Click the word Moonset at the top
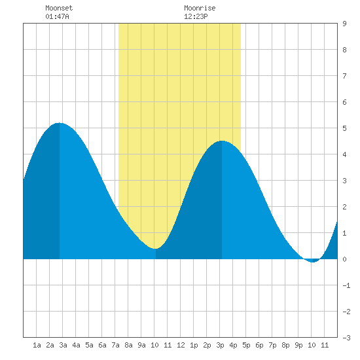(59, 8)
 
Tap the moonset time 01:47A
(57, 16)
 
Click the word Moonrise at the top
(200, 8)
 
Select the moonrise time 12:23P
(196, 16)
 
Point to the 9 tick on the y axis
(344, 24)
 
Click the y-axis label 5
(344, 128)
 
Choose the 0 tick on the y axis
(344, 259)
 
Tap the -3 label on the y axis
(346, 338)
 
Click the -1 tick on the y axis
(346, 285)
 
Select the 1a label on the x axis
(37, 345)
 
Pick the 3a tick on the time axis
(63, 345)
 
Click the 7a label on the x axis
(115, 345)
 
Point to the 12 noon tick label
(181, 345)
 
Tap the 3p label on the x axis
(220, 345)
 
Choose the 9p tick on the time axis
(298, 345)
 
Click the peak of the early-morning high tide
(60, 123)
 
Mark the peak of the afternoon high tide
(222, 141)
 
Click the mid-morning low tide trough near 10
(155, 249)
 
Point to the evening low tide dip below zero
(313, 262)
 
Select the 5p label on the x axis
(246, 345)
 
